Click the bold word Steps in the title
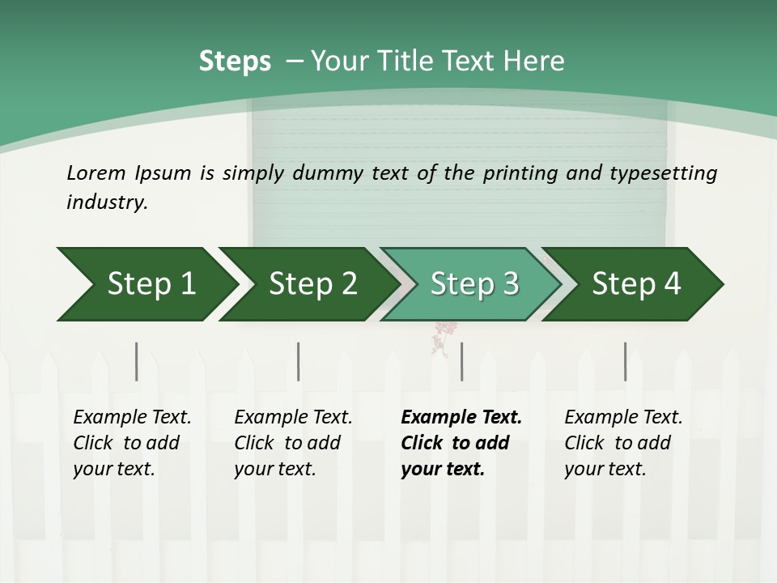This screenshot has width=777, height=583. (235, 62)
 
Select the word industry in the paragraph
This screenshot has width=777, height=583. (106, 202)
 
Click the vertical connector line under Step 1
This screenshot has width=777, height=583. (137, 361)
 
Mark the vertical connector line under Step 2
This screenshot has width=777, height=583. (299, 361)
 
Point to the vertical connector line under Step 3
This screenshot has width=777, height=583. (461, 361)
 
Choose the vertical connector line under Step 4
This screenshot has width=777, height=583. (625, 361)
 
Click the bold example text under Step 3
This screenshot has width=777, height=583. (459, 443)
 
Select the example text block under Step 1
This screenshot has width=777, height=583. (131, 443)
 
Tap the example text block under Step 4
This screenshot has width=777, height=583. (622, 443)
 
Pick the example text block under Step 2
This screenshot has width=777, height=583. (292, 443)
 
